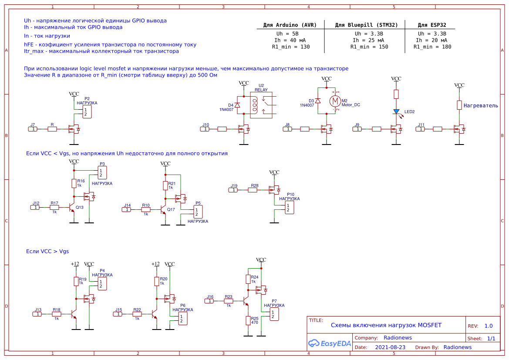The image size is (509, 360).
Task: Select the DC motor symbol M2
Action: pos(335,101)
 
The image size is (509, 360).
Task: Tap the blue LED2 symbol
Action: pos(396,111)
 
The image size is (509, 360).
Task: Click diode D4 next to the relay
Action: pos(237,105)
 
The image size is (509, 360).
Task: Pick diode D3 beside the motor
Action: pos(318,101)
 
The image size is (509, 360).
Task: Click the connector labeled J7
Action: pos(33,129)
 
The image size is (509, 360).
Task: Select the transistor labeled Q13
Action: pos(72,208)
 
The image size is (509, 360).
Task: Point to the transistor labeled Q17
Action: pos(163,210)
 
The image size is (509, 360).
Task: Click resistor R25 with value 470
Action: pos(248,320)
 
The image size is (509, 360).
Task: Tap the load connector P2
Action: pos(88,112)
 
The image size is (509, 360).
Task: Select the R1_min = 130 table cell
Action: pos(290,47)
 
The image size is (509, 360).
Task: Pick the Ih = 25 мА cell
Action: pos(369,40)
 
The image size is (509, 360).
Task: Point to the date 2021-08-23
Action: pos(390,347)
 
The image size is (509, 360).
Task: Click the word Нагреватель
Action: pos(481,106)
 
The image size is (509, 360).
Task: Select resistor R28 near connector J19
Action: pos(253,190)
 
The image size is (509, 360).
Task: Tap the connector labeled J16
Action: pos(210,301)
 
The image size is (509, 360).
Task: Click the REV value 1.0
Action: pos(489,326)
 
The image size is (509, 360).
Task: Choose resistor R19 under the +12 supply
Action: pos(76,281)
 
